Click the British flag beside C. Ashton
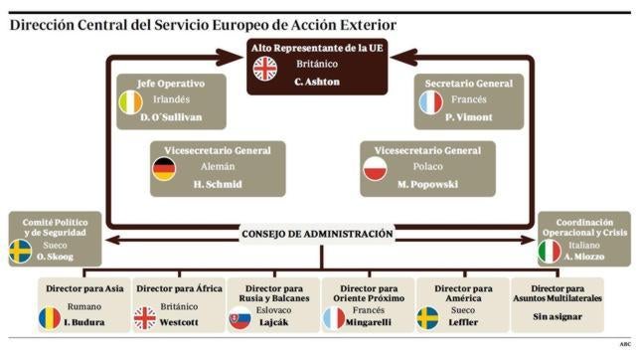click(265, 68)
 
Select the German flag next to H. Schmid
click(163, 170)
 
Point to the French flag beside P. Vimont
click(428, 100)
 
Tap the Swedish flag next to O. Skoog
click(19, 252)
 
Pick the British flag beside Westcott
click(144, 318)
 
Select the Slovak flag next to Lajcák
click(240, 319)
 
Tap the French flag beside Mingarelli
click(334, 319)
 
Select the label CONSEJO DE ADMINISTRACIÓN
click(318, 235)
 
